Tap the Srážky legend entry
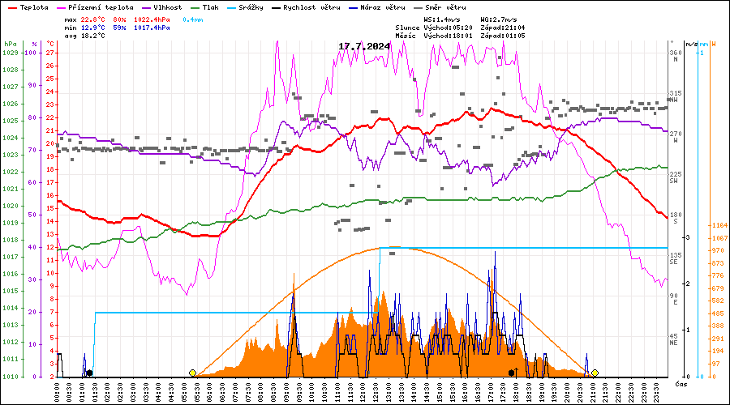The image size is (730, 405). point(249,7)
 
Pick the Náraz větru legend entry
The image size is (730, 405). point(380,7)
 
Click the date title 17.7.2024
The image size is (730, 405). point(364,46)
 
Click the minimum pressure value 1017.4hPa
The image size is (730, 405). point(152,28)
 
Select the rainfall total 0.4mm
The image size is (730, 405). point(193,19)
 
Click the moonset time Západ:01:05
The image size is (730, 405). point(503,36)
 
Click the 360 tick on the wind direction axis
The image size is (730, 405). point(675,53)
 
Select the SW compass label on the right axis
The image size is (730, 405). point(674,181)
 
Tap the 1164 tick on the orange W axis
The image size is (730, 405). point(719,225)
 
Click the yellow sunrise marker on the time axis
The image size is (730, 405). point(192,373)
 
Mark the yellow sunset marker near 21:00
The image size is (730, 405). point(595,373)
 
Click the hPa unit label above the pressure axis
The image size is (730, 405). point(10,44)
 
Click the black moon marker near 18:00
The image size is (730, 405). point(511,373)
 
